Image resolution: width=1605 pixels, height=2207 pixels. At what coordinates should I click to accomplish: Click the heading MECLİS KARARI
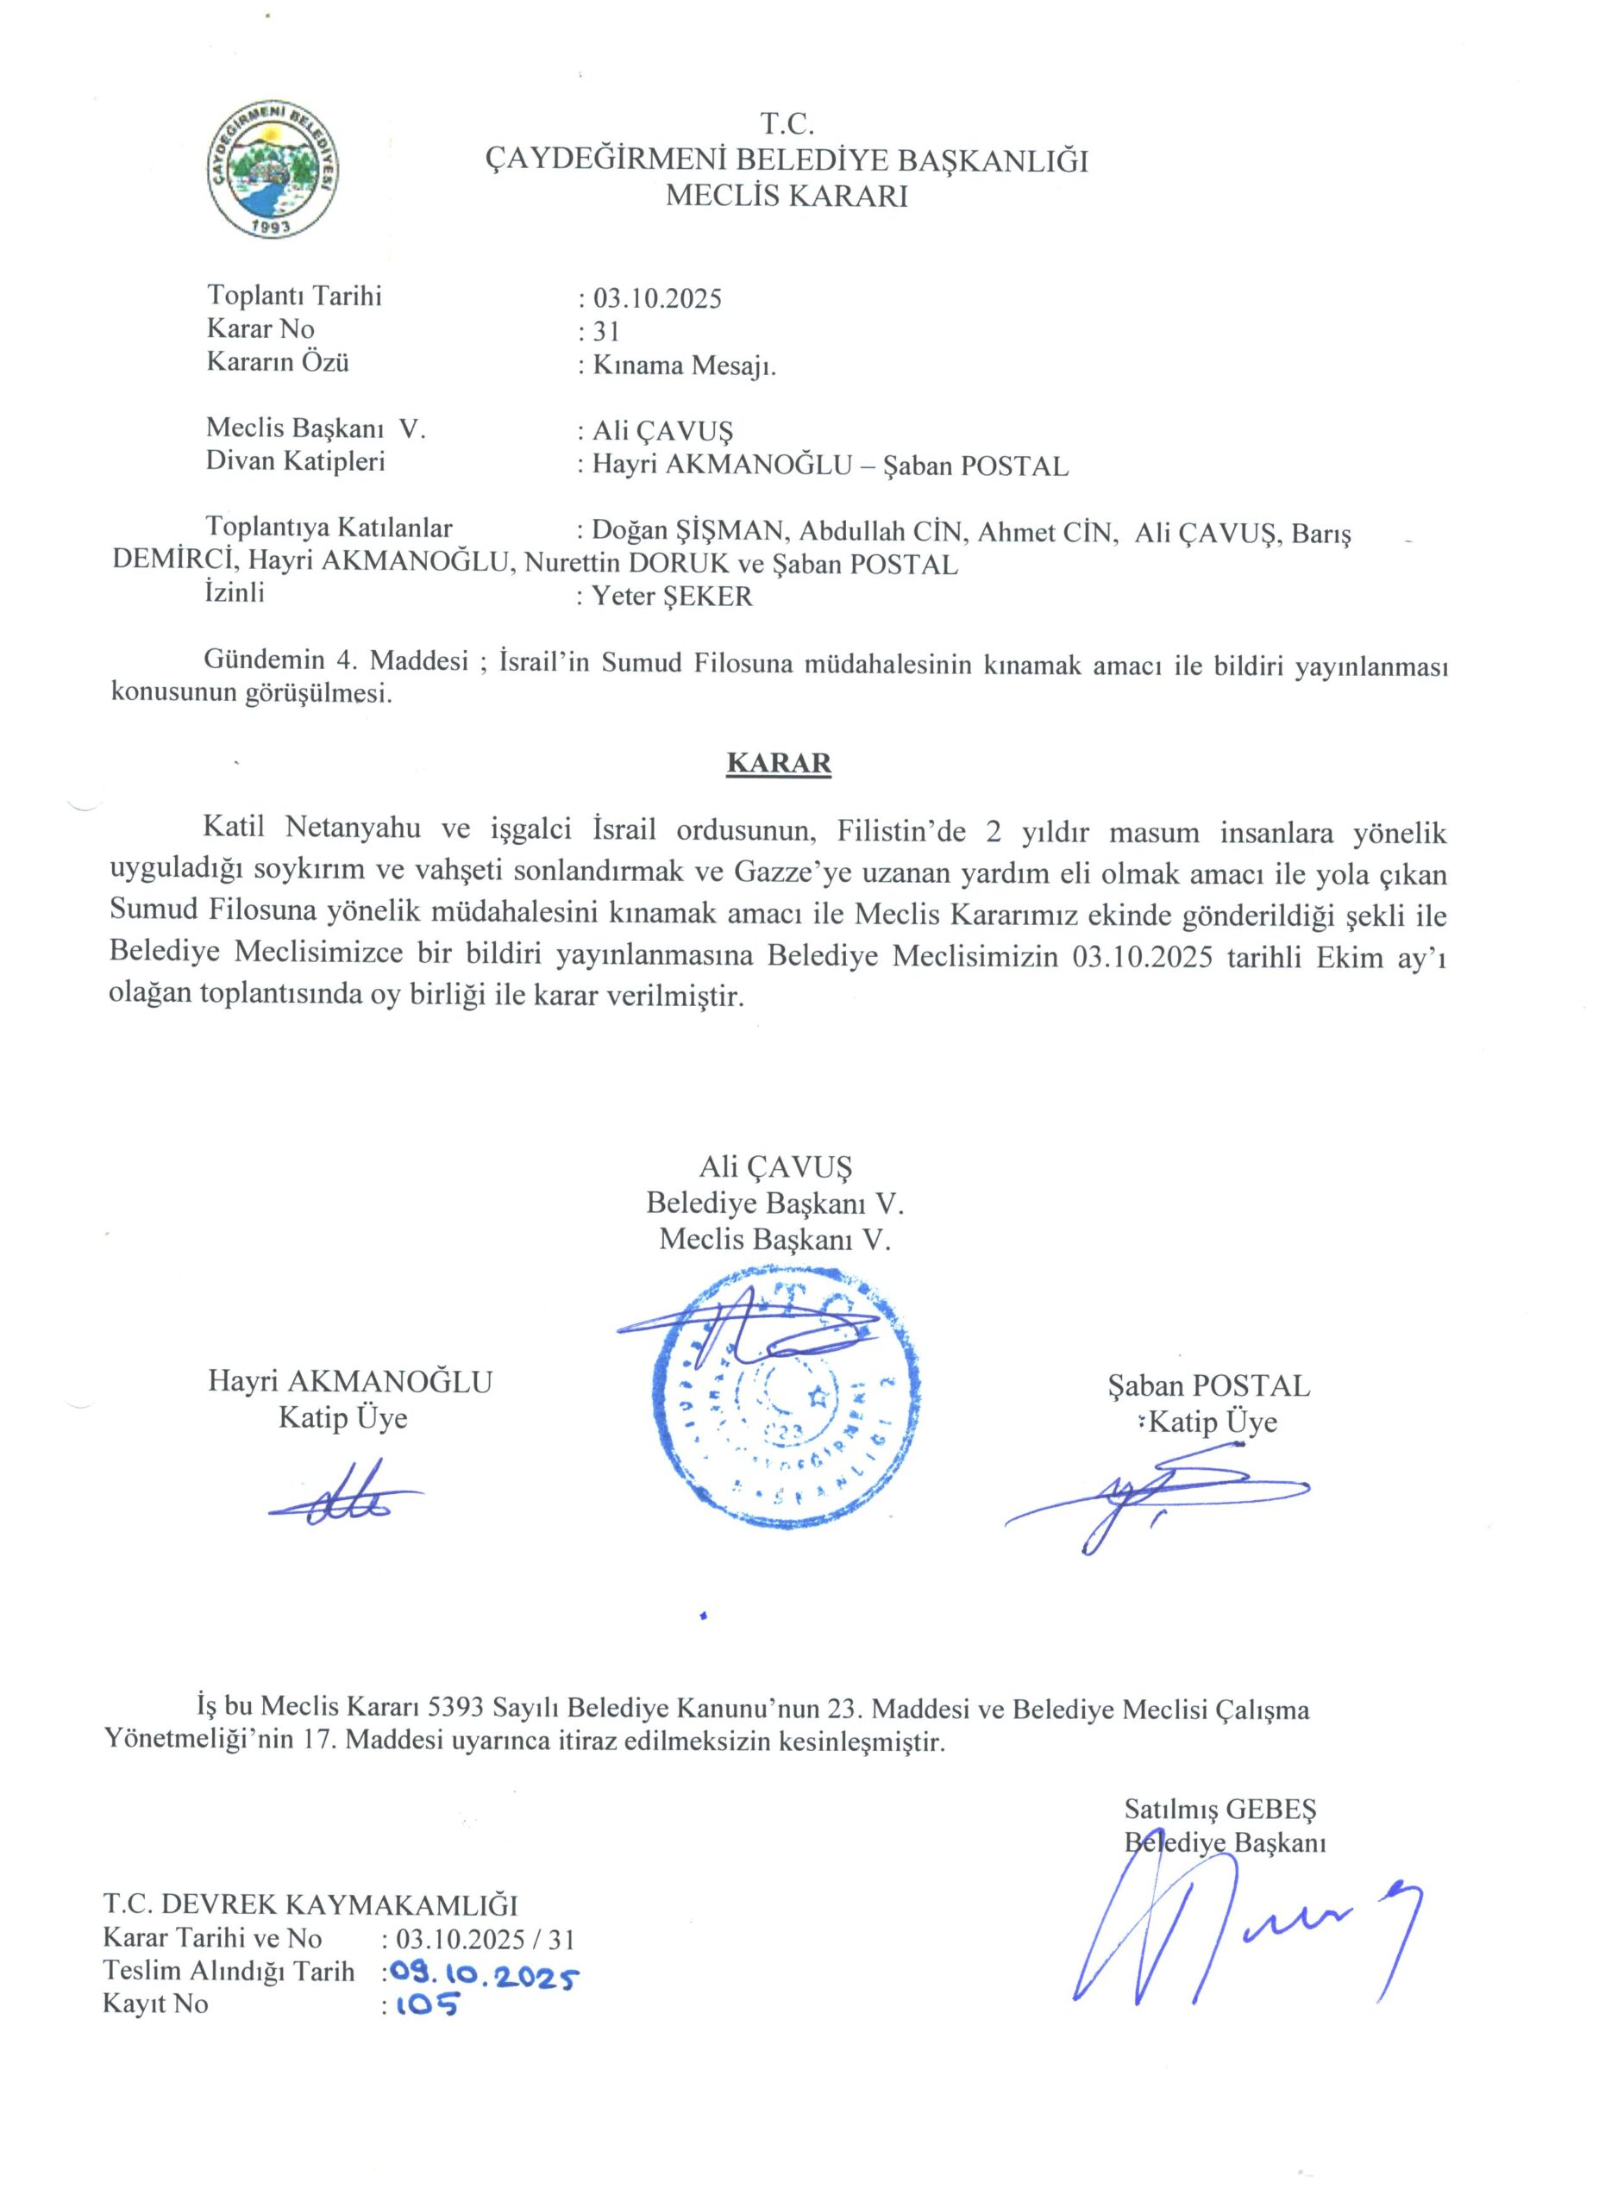(x=786, y=197)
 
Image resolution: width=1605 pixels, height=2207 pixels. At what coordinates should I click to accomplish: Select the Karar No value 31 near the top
(x=605, y=332)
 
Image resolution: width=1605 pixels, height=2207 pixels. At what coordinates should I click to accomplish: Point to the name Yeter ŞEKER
(x=673, y=597)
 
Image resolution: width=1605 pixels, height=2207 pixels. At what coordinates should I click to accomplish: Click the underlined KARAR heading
(x=779, y=763)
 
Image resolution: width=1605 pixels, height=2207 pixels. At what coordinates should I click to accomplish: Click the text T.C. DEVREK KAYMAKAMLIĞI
(x=310, y=1904)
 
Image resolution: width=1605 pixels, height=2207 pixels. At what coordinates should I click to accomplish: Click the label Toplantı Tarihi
(x=294, y=296)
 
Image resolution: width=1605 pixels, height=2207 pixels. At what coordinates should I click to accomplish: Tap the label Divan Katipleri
(x=295, y=461)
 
